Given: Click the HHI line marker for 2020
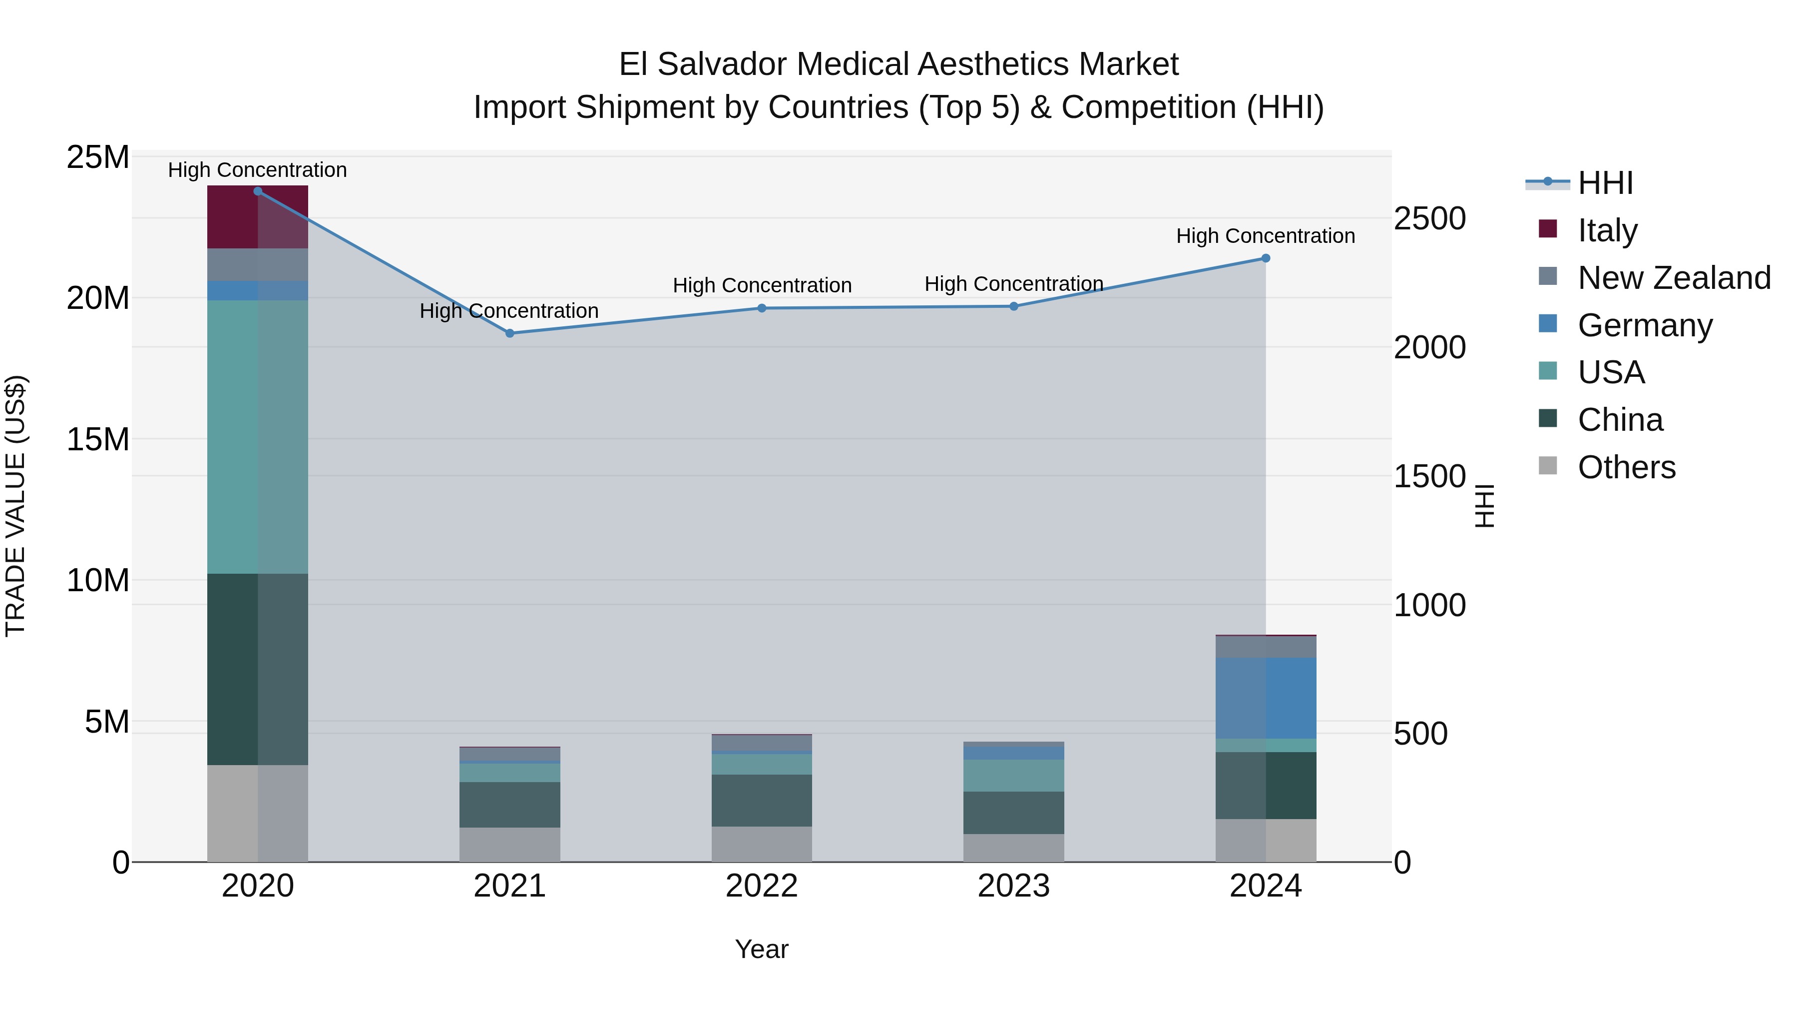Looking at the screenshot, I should click(258, 191).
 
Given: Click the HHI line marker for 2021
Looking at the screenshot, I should click(509, 333).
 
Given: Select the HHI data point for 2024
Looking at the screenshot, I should click(1266, 258).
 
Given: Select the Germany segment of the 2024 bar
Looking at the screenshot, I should click(1266, 697).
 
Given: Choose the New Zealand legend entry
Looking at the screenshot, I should click(1674, 278).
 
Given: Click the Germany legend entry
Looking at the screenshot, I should click(1645, 325).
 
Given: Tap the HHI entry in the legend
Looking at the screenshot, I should click(1605, 183).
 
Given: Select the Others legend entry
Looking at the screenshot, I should click(1626, 467).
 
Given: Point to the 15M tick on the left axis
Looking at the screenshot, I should click(98, 439).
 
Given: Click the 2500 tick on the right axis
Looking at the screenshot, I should click(1429, 218).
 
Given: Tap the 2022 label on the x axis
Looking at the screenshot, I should click(762, 886).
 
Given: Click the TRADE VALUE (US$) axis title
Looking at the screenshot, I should click(15, 506).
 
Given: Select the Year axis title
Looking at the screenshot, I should click(762, 949).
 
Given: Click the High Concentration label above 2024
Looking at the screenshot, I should click(1266, 236).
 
